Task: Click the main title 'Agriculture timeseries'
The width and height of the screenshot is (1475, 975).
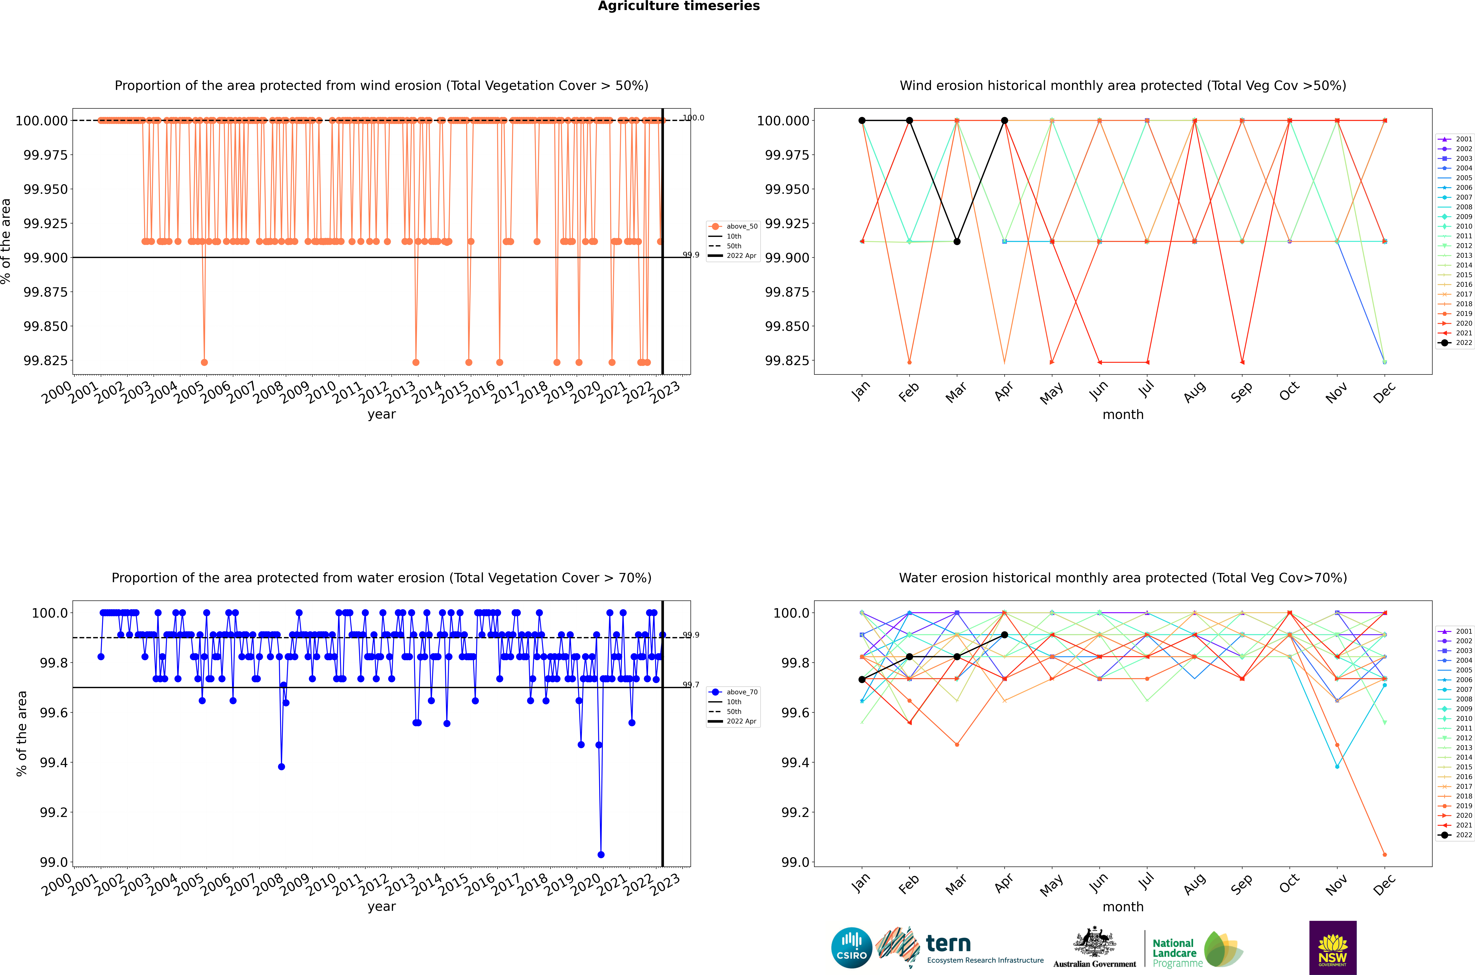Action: pos(679,6)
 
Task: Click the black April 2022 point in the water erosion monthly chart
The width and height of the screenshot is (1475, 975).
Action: pos(1005,635)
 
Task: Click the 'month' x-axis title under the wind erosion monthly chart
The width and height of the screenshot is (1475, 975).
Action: pos(1123,415)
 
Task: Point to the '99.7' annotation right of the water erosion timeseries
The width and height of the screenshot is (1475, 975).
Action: pos(691,685)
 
